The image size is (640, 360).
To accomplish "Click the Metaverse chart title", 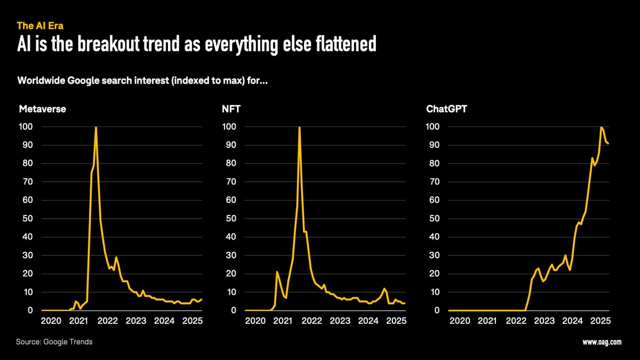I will (42, 109).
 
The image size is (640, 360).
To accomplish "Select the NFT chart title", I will (232, 109).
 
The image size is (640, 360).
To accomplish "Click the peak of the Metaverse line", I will (95, 127).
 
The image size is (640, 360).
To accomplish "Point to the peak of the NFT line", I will (299, 127).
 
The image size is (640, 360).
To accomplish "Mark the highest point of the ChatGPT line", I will (601, 127).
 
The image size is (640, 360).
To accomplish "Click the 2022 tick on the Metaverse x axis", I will (107, 321).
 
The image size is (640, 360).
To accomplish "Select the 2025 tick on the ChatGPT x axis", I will (601, 321).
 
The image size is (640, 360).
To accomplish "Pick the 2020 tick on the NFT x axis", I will (255, 321).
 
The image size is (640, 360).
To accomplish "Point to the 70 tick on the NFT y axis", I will (229, 182).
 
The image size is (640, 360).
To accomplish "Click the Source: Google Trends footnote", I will (55, 341).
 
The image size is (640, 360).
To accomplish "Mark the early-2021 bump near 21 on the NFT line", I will (277, 272).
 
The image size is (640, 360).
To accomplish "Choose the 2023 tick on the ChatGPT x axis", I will (544, 321).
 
